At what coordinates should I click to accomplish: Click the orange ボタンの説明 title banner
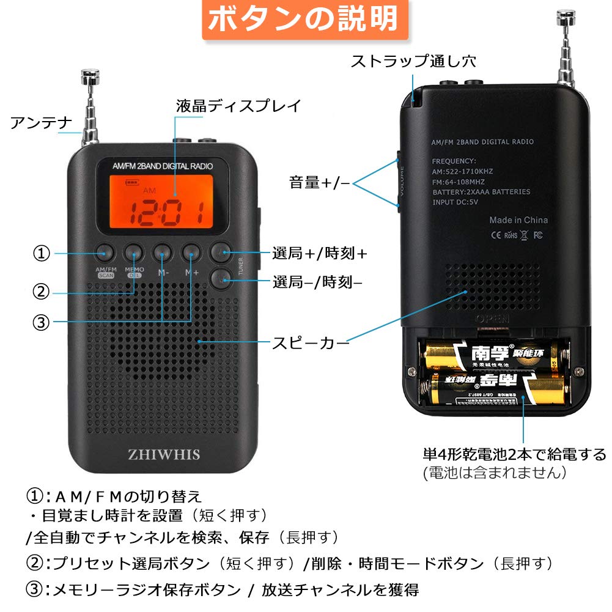tap(304, 20)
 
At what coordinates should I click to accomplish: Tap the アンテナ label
tap(42, 122)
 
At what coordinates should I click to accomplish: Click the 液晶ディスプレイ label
tap(238, 106)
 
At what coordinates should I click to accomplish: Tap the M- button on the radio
tap(163, 251)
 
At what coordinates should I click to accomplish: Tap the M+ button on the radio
tap(191, 251)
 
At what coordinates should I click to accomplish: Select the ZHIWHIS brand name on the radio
tap(164, 454)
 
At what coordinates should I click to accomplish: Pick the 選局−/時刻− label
tap(317, 282)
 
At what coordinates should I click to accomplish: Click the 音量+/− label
tap(319, 182)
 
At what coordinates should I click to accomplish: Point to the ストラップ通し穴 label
tap(413, 61)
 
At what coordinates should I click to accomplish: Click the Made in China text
tap(518, 220)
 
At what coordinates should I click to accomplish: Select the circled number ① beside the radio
tap(42, 253)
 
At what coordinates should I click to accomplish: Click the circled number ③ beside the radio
tap(41, 322)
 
